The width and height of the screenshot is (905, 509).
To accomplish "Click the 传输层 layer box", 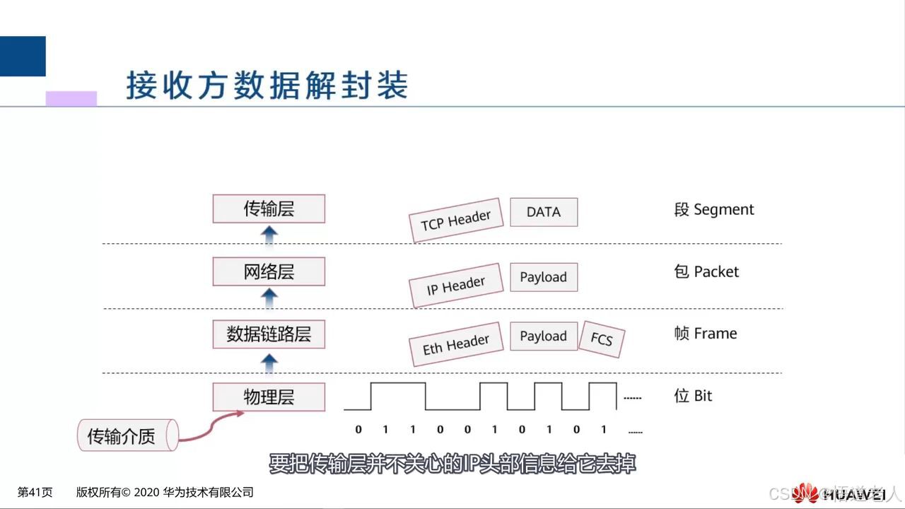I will pyautogui.click(x=269, y=209).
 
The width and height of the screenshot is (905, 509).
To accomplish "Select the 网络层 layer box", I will pyautogui.click(x=269, y=271).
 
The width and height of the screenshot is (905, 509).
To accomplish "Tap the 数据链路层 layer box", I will pyautogui.click(x=269, y=334).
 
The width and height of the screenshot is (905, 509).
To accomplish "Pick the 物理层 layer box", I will pyautogui.click(x=269, y=397).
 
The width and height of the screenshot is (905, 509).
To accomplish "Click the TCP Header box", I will pyautogui.click(x=456, y=220).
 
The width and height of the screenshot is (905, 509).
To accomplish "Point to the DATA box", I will pyautogui.click(x=544, y=212).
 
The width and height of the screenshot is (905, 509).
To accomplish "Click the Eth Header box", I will pyautogui.click(x=456, y=344).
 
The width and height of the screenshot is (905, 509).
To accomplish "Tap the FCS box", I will pyautogui.click(x=602, y=339).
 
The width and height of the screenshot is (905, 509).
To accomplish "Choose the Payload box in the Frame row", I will pyautogui.click(x=544, y=337).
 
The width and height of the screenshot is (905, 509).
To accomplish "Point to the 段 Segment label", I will pyautogui.click(x=714, y=210).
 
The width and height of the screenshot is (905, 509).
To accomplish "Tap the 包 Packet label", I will pyautogui.click(x=706, y=272).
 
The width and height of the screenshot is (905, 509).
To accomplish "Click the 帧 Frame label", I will pyautogui.click(x=706, y=334).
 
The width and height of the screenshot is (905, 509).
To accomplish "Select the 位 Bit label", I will pyautogui.click(x=693, y=396).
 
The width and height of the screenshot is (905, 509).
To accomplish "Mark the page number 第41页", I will pyautogui.click(x=35, y=493).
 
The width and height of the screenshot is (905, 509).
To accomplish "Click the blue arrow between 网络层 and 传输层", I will pyautogui.click(x=269, y=235).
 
